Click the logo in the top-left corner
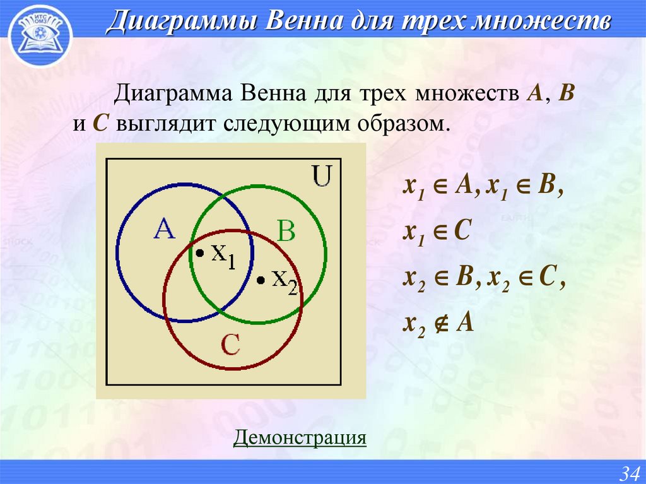point(39,33)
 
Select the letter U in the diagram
point(322,177)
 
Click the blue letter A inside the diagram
point(164,230)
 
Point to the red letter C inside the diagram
point(230,345)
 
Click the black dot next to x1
point(199,254)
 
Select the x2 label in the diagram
point(284,280)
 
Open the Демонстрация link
point(300,437)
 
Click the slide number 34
point(630,473)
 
